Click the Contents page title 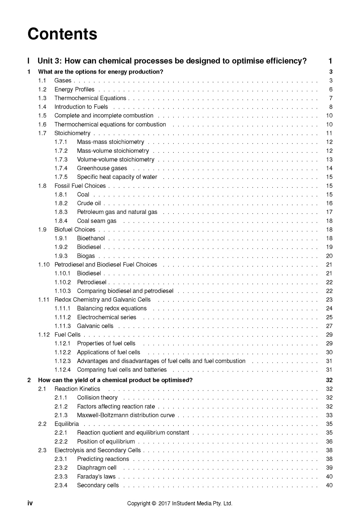click(62, 34)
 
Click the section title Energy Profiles click(74, 89)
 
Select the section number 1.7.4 click(61, 168)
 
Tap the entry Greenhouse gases click(102, 168)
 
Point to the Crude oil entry click(89, 203)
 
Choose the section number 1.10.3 click(63, 291)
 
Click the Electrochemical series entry click(106, 317)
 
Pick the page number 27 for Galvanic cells click(329, 326)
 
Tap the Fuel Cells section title click(67, 335)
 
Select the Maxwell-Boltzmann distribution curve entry click(126, 415)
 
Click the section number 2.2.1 click(61, 432)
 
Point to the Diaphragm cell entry click(97, 468)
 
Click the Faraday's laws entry click(96, 477)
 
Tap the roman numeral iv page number click(30, 503)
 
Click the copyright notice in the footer click(180, 503)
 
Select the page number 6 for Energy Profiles click(331, 89)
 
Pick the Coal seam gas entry click(97, 221)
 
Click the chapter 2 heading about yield click(115, 380)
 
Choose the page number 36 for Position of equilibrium click(329, 441)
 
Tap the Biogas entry click(86, 256)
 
